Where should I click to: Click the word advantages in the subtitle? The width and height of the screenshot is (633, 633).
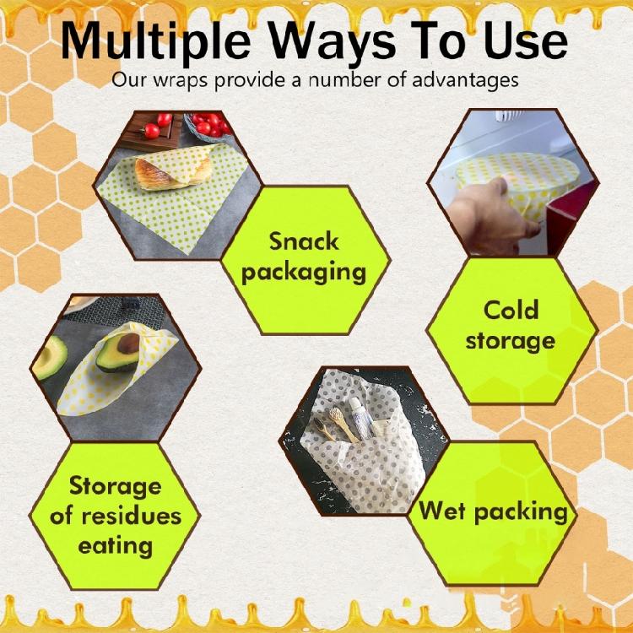(x=465, y=80)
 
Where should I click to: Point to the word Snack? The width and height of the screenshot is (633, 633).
(x=304, y=241)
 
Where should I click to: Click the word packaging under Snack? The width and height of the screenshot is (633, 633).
(x=304, y=273)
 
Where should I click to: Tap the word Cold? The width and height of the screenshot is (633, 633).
(x=511, y=310)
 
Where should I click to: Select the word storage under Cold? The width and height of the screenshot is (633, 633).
(x=511, y=342)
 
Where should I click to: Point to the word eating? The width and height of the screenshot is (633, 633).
(x=116, y=546)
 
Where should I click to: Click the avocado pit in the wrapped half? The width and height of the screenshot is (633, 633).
(x=128, y=344)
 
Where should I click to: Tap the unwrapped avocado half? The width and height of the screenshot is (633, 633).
(x=49, y=357)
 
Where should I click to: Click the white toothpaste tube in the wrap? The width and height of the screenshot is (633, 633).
(x=360, y=418)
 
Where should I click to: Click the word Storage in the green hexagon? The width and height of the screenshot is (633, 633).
(x=116, y=486)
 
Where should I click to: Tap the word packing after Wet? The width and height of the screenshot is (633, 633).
(x=522, y=512)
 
